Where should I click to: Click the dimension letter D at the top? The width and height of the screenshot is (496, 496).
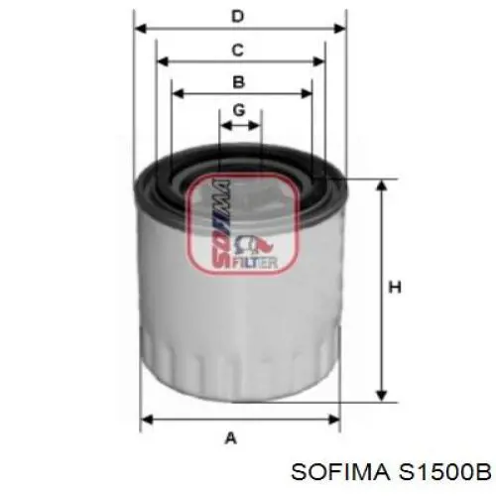(237, 16)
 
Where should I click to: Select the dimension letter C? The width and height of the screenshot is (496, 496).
(237, 49)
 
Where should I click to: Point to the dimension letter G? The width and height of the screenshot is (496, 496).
(239, 110)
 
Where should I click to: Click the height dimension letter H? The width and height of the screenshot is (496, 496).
(394, 289)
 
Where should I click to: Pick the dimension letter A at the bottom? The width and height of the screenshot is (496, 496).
(231, 436)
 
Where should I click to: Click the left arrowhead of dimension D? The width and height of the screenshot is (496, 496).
(140, 29)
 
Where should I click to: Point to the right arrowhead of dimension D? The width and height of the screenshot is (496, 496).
(341, 29)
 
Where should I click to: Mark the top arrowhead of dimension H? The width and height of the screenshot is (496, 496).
(379, 186)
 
